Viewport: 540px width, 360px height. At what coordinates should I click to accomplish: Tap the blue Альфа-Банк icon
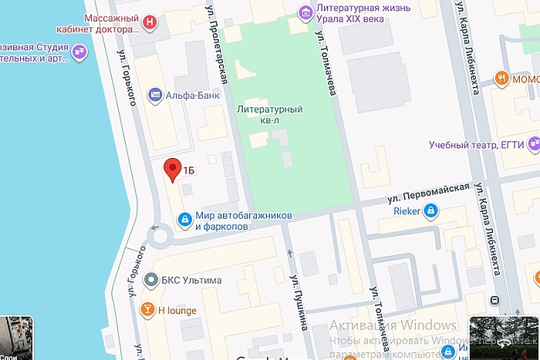pyautogui.click(x=155, y=96)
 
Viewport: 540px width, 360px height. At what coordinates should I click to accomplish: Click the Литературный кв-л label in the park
pyautogui.click(x=269, y=114)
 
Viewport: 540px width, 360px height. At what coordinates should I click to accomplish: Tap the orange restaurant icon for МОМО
pyautogui.click(x=502, y=78)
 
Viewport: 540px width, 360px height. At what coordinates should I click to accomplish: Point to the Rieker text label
pyautogui.click(x=407, y=210)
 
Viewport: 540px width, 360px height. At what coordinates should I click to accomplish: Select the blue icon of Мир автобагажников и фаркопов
pyautogui.click(x=184, y=220)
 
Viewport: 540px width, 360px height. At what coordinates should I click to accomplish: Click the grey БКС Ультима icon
pyautogui.click(x=151, y=280)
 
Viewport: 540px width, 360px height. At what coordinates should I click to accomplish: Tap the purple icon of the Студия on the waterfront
pyautogui.click(x=81, y=52)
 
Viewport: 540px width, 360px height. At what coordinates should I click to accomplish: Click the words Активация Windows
pyautogui.click(x=393, y=325)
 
